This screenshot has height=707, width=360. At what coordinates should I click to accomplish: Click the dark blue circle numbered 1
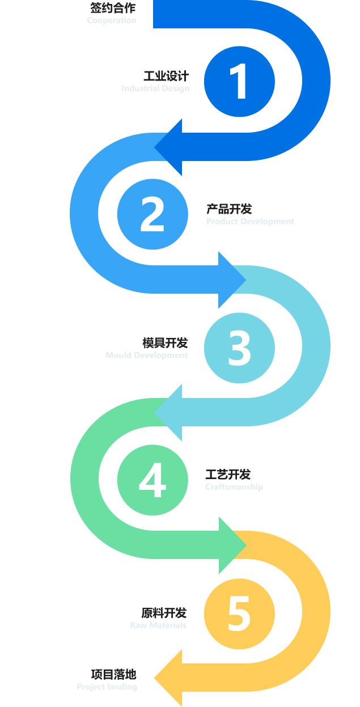click(x=239, y=82)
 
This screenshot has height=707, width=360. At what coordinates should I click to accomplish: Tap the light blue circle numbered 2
click(x=153, y=214)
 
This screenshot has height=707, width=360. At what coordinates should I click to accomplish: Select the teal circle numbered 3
click(x=239, y=347)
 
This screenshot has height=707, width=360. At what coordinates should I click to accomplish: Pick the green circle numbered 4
click(x=153, y=480)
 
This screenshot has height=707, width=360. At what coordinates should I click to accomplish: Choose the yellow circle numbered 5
click(x=239, y=613)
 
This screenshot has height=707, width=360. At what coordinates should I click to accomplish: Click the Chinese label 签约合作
click(x=113, y=9)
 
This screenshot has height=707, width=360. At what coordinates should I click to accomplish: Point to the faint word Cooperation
click(x=112, y=20)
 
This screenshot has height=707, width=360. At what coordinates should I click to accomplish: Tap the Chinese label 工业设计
click(x=166, y=77)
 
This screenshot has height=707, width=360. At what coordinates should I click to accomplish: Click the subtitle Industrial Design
click(x=155, y=88)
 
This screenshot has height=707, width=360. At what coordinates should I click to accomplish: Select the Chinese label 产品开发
click(x=229, y=209)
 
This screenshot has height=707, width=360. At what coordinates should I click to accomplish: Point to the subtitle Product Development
click(x=250, y=222)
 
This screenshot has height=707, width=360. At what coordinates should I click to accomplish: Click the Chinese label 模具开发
click(x=165, y=343)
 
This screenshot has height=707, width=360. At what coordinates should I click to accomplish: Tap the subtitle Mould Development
click(x=146, y=355)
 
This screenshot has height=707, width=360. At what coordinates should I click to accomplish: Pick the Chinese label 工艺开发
click(x=228, y=475)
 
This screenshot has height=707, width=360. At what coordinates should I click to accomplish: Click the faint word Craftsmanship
click(x=234, y=487)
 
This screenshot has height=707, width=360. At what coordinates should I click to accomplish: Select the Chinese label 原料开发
click(x=164, y=613)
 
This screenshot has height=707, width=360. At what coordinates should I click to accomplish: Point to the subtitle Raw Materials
click(x=158, y=625)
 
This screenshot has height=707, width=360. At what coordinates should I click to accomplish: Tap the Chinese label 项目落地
click(x=114, y=675)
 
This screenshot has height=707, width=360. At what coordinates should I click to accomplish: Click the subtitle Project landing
click(x=107, y=687)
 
